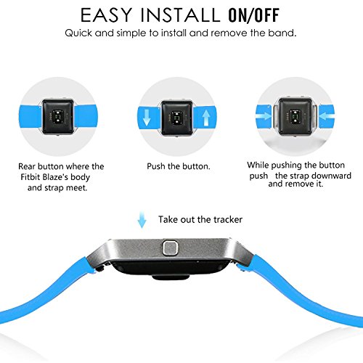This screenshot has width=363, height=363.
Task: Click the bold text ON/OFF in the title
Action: tap(254, 15)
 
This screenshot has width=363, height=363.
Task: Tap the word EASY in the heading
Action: tap(106, 15)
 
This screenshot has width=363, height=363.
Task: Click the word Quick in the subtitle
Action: tap(78, 33)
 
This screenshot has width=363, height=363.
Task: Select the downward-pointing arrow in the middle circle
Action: tap(147, 118)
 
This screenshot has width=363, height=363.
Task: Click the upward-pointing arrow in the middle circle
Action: tap(205, 118)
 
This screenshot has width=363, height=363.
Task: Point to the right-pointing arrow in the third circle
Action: tap(264, 116)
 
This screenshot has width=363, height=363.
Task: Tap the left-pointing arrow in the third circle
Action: tap(327, 116)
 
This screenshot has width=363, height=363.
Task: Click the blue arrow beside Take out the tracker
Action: tap(142, 219)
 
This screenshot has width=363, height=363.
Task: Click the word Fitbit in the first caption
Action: tap(30, 177)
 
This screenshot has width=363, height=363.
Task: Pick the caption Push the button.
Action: tap(179, 166)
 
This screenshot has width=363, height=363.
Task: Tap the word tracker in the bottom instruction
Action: tap(228, 219)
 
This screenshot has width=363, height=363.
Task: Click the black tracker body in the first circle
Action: tap(58, 117)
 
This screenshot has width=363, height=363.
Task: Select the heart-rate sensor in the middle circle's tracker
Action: tap(176, 117)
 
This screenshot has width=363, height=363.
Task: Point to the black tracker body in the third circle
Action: tap(295, 116)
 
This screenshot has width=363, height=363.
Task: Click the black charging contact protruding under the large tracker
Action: tap(171, 277)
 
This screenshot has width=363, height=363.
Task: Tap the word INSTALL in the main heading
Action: tap(180, 15)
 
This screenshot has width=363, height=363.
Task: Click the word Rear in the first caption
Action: tap(27, 166)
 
